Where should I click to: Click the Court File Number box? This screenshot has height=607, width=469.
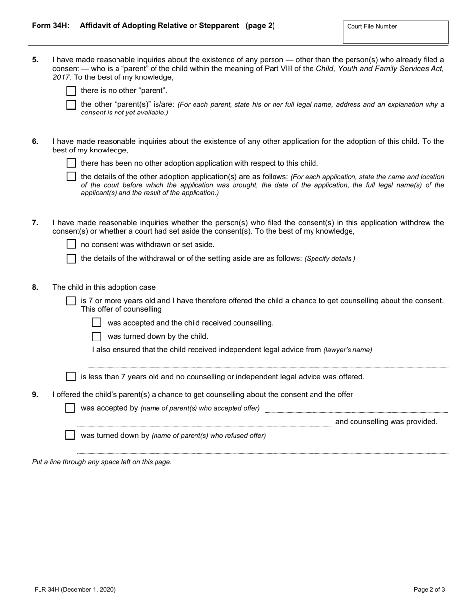395,33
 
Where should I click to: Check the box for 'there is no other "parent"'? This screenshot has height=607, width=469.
71,91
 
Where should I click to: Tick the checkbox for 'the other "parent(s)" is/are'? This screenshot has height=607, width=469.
71,105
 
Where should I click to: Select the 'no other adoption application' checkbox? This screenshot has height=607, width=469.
71,163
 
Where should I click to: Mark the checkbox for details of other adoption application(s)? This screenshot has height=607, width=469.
71,177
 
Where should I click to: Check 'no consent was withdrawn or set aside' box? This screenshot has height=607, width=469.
71,244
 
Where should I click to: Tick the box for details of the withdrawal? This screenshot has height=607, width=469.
71,259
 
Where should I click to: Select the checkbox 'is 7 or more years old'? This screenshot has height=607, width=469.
71,301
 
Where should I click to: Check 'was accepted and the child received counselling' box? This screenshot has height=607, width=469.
97,323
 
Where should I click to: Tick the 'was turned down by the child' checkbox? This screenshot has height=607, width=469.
97,337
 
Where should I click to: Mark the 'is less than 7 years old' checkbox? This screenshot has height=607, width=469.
71,377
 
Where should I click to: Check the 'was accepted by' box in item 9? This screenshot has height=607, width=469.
70,408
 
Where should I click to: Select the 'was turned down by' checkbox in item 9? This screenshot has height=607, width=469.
70,435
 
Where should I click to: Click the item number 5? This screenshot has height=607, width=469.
35,60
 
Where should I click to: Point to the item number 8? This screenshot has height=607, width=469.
35,287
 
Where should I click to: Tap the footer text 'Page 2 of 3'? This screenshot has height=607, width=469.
429,589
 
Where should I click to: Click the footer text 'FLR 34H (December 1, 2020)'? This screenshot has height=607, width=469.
75,589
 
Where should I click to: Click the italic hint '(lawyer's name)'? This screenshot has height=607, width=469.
348,350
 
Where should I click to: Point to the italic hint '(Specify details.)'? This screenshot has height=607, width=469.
330,259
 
